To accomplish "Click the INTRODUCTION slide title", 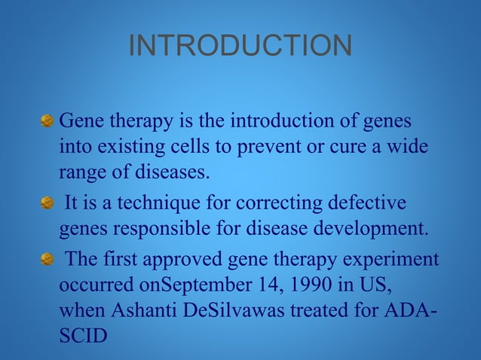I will click(240, 47).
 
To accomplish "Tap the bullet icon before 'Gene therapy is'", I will click(47, 121).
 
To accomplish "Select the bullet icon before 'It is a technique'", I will click(47, 203).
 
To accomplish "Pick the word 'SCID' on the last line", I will click(82, 337).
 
